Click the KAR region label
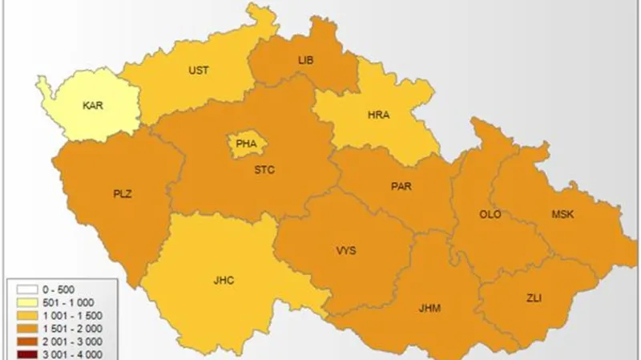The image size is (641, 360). (x=92, y=104)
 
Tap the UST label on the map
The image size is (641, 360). (x=199, y=71)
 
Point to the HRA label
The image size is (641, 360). (x=378, y=115)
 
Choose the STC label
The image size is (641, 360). (x=264, y=169)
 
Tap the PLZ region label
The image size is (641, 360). (x=123, y=193)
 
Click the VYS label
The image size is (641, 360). (x=346, y=251)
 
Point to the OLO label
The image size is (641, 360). (x=490, y=215)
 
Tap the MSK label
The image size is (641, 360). (x=562, y=214)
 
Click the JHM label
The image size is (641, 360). (x=429, y=308)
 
